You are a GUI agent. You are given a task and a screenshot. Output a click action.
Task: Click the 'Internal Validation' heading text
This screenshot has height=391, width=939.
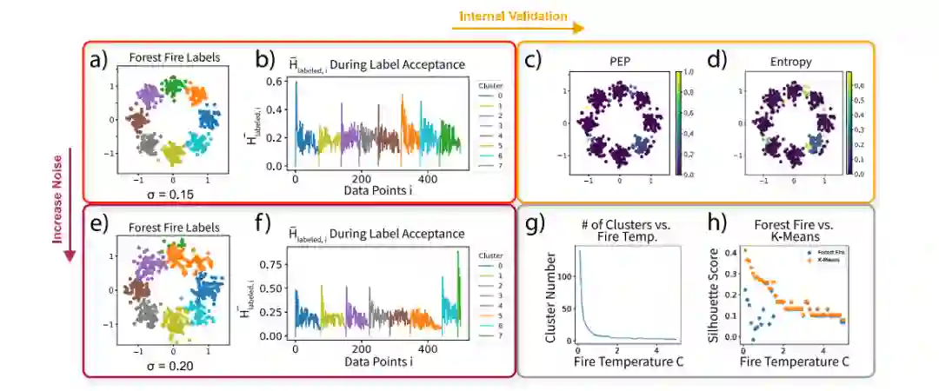[x=513, y=16]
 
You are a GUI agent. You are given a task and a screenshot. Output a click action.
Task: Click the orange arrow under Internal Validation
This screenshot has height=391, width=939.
[x=516, y=29]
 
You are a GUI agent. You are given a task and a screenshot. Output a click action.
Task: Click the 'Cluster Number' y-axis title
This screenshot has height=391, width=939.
[x=549, y=295]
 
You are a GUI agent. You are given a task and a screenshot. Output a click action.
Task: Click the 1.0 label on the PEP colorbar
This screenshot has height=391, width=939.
[x=689, y=73]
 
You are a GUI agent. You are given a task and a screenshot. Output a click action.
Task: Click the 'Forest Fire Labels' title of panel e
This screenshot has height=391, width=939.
[x=174, y=228]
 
